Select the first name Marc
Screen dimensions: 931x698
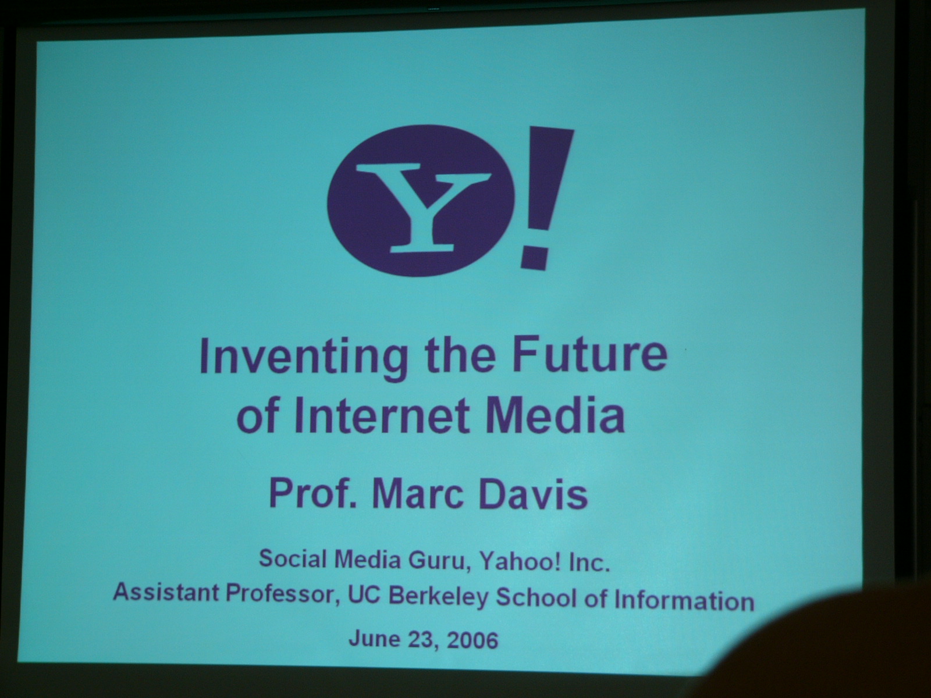pos(418,493)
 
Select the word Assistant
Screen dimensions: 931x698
pos(165,591)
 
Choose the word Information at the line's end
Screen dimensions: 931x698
pos(684,599)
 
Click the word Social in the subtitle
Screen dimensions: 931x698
pos(293,558)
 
